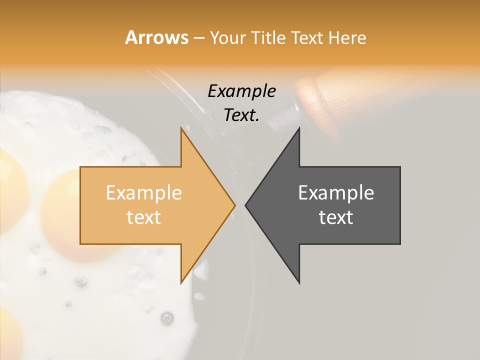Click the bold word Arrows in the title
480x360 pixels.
pyautogui.click(x=157, y=37)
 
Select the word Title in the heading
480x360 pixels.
pyautogui.click(x=269, y=37)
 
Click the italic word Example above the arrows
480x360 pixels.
pyautogui.click(x=242, y=91)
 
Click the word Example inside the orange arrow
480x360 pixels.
pyautogui.click(x=144, y=193)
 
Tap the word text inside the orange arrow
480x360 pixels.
pyautogui.click(x=144, y=217)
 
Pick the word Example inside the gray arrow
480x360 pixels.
pyautogui.click(x=336, y=193)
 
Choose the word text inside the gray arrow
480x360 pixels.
pyautogui.click(x=336, y=217)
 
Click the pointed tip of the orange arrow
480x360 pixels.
pyautogui.click(x=235, y=205)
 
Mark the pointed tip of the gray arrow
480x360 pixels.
pyautogui.click(x=245, y=205)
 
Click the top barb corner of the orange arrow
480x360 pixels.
pyautogui.click(x=181, y=128)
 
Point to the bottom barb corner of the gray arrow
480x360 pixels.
pyautogui.click(x=299, y=283)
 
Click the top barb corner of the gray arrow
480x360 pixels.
pyautogui.click(x=299, y=128)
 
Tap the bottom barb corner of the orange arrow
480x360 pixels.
pyautogui.click(x=181, y=283)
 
